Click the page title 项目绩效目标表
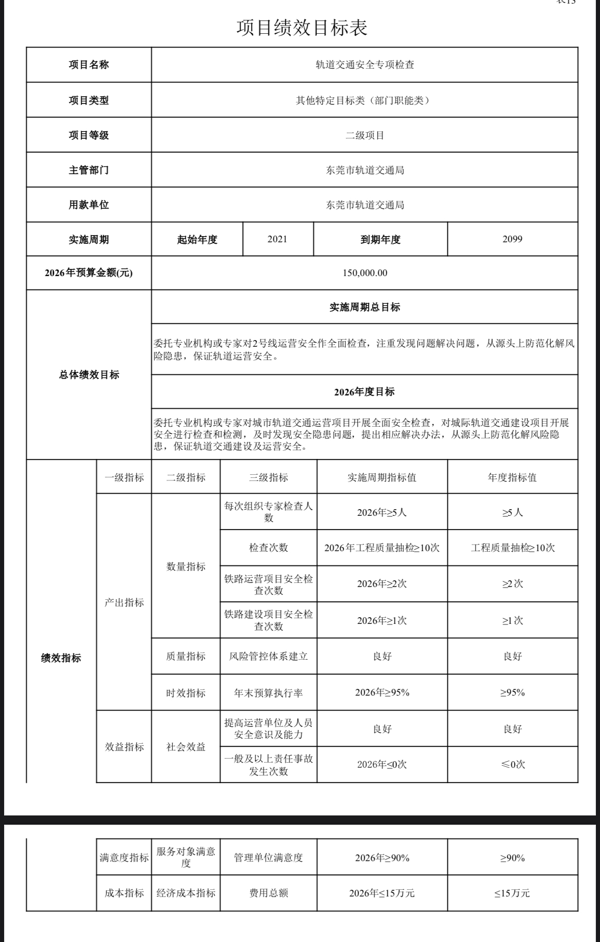302,28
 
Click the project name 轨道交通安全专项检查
365,65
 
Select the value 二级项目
365,135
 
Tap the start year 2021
277,239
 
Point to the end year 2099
512,239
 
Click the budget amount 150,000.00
365,273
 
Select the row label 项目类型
89,100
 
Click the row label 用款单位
89,205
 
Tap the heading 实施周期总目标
365,307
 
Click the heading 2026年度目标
365,392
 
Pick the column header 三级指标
268,477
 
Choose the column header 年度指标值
512,477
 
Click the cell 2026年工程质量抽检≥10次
382,548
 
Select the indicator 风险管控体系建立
268,656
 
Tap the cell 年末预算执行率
268,693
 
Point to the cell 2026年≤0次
382,764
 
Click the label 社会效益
186,747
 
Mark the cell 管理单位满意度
268,857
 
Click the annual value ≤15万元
512,893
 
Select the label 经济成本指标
186,893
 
